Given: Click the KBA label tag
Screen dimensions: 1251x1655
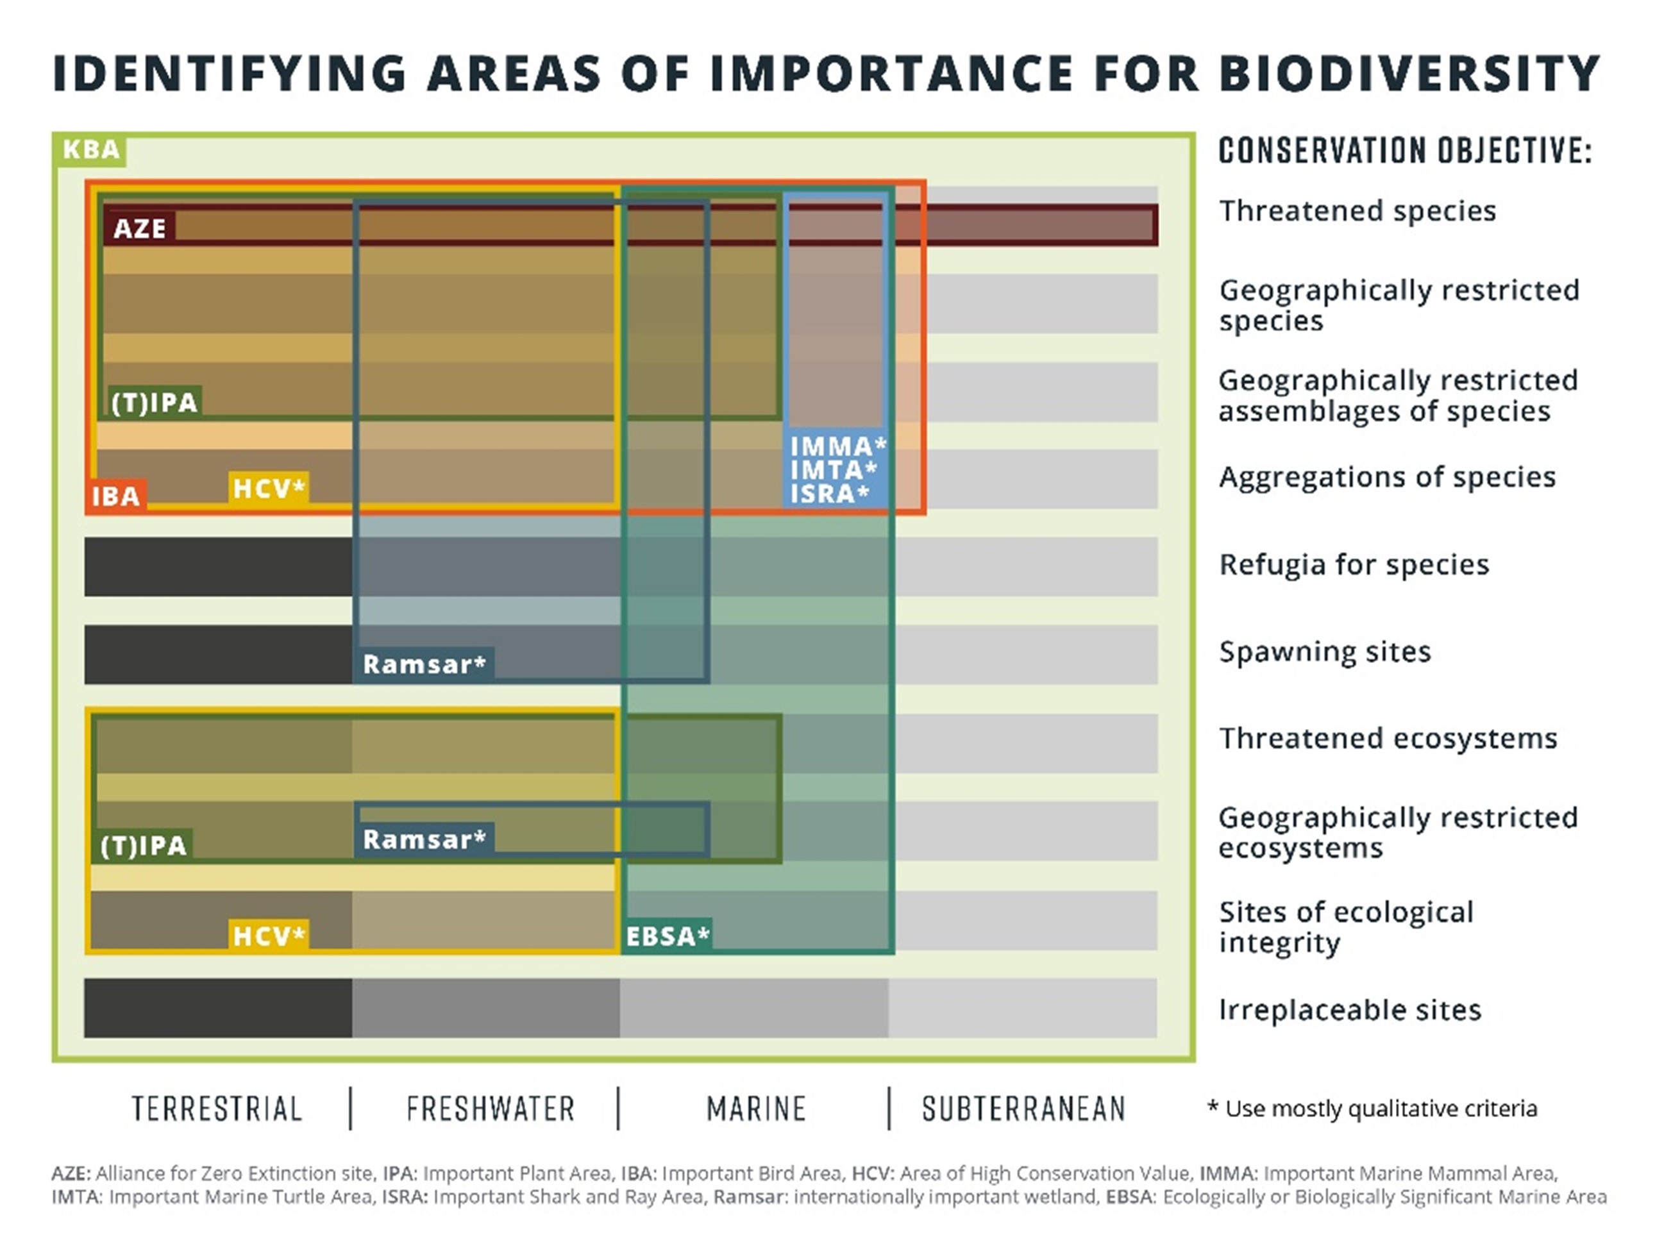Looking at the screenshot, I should point(90,149).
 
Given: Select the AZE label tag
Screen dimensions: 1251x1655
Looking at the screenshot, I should point(139,228).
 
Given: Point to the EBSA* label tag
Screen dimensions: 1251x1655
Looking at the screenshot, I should point(667,936).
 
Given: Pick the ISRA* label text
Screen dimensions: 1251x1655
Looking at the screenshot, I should point(829,494).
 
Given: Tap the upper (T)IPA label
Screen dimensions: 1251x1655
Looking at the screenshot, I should point(154,403).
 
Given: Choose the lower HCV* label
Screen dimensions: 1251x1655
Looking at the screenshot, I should point(269,936).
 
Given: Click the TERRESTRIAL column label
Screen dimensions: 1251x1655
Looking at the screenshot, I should point(217,1109).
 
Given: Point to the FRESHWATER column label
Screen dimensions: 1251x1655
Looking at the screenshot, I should point(491,1109).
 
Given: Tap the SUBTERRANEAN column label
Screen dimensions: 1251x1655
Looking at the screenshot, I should point(1023,1109).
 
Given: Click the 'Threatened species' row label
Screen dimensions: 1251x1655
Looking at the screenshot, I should point(1357,211).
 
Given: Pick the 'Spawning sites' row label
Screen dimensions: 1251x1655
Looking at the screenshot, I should point(1325,651).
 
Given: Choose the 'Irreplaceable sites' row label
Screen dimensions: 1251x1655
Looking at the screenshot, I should point(1350,1010).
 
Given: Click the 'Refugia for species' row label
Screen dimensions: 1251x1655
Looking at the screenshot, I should point(1354,564).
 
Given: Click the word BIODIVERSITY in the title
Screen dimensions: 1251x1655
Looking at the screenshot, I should point(1409,73).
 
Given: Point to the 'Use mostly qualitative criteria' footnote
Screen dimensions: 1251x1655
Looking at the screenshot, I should point(1373,1108).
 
